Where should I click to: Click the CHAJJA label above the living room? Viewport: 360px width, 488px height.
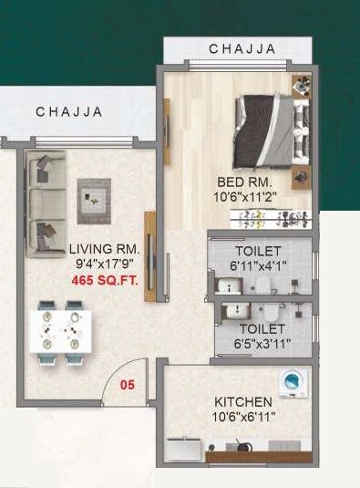click(69, 112)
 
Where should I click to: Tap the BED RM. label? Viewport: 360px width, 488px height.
click(239, 181)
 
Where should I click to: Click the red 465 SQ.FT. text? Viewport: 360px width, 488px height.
click(105, 282)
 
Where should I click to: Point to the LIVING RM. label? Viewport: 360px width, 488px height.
click(104, 249)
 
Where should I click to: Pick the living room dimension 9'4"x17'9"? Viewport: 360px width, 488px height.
click(105, 265)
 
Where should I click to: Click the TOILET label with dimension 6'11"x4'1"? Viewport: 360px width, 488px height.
click(259, 251)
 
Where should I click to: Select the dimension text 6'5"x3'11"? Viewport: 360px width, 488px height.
click(262, 345)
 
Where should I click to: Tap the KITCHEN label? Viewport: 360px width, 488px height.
click(242, 402)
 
